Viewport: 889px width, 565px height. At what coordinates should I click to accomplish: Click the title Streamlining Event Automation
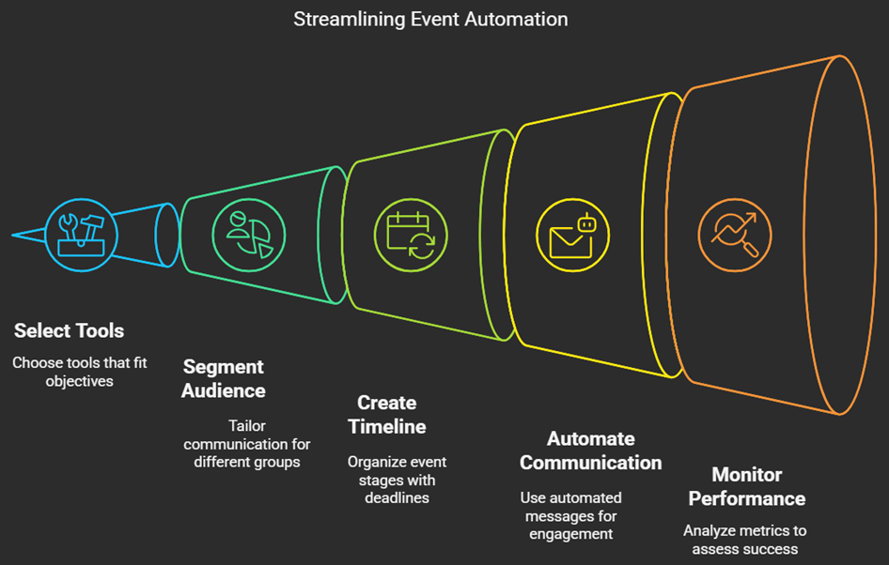(x=430, y=20)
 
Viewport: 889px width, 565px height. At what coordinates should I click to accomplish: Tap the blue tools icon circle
(x=81, y=235)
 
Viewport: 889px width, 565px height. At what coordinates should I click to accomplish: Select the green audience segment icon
(x=249, y=235)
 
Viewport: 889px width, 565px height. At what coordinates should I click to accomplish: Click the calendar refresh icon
(x=411, y=235)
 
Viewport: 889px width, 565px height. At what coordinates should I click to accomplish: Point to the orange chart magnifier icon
(x=735, y=235)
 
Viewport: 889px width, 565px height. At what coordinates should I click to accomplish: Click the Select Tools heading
(x=70, y=330)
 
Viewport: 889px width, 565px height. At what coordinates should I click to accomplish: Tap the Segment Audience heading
(x=224, y=379)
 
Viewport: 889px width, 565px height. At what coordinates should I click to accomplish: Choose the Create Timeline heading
(x=387, y=415)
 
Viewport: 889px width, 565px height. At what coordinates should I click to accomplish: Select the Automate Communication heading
(x=591, y=450)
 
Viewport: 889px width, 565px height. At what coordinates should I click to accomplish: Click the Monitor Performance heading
(x=747, y=486)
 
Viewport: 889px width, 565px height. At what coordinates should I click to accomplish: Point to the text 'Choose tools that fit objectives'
(x=79, y=372)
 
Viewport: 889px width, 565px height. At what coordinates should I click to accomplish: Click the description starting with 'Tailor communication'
(x=246, y=444)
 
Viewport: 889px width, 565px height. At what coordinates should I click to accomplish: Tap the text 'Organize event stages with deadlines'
(x=397, y=480)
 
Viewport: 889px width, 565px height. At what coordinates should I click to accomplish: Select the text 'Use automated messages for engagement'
(x=571, y=516)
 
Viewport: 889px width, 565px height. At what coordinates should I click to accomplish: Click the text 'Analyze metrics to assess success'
(x=745, y=540)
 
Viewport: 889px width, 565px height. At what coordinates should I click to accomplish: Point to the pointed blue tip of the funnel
(x=12, y=235)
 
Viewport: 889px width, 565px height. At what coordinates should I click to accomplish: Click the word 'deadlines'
(x=397, y=497)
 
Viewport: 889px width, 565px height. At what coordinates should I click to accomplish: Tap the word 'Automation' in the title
(x=516, y=20)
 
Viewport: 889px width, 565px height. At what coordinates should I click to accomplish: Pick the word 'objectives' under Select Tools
(x=79, y=382)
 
